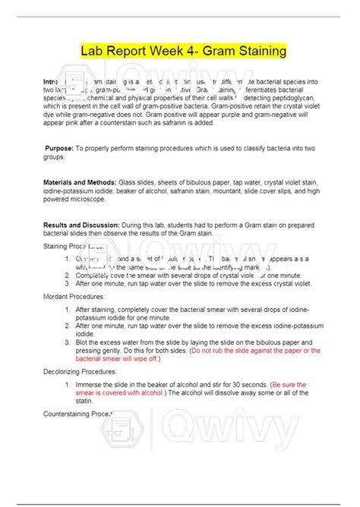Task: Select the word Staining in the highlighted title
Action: (260, 52)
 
